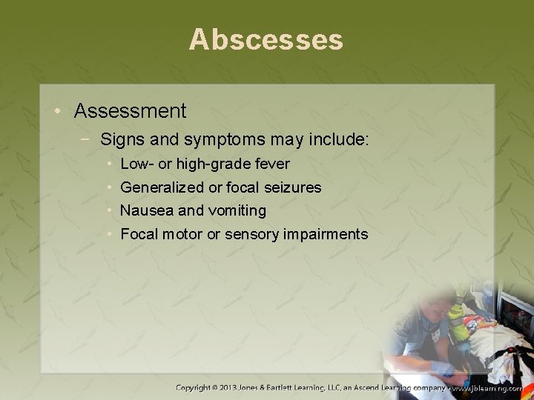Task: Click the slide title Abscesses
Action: (x=266, y=39)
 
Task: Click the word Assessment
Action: (x=130, y=111)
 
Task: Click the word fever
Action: (x=271, y=164)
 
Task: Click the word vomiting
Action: (x=236, y=211)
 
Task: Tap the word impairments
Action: (x=329, y=235)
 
